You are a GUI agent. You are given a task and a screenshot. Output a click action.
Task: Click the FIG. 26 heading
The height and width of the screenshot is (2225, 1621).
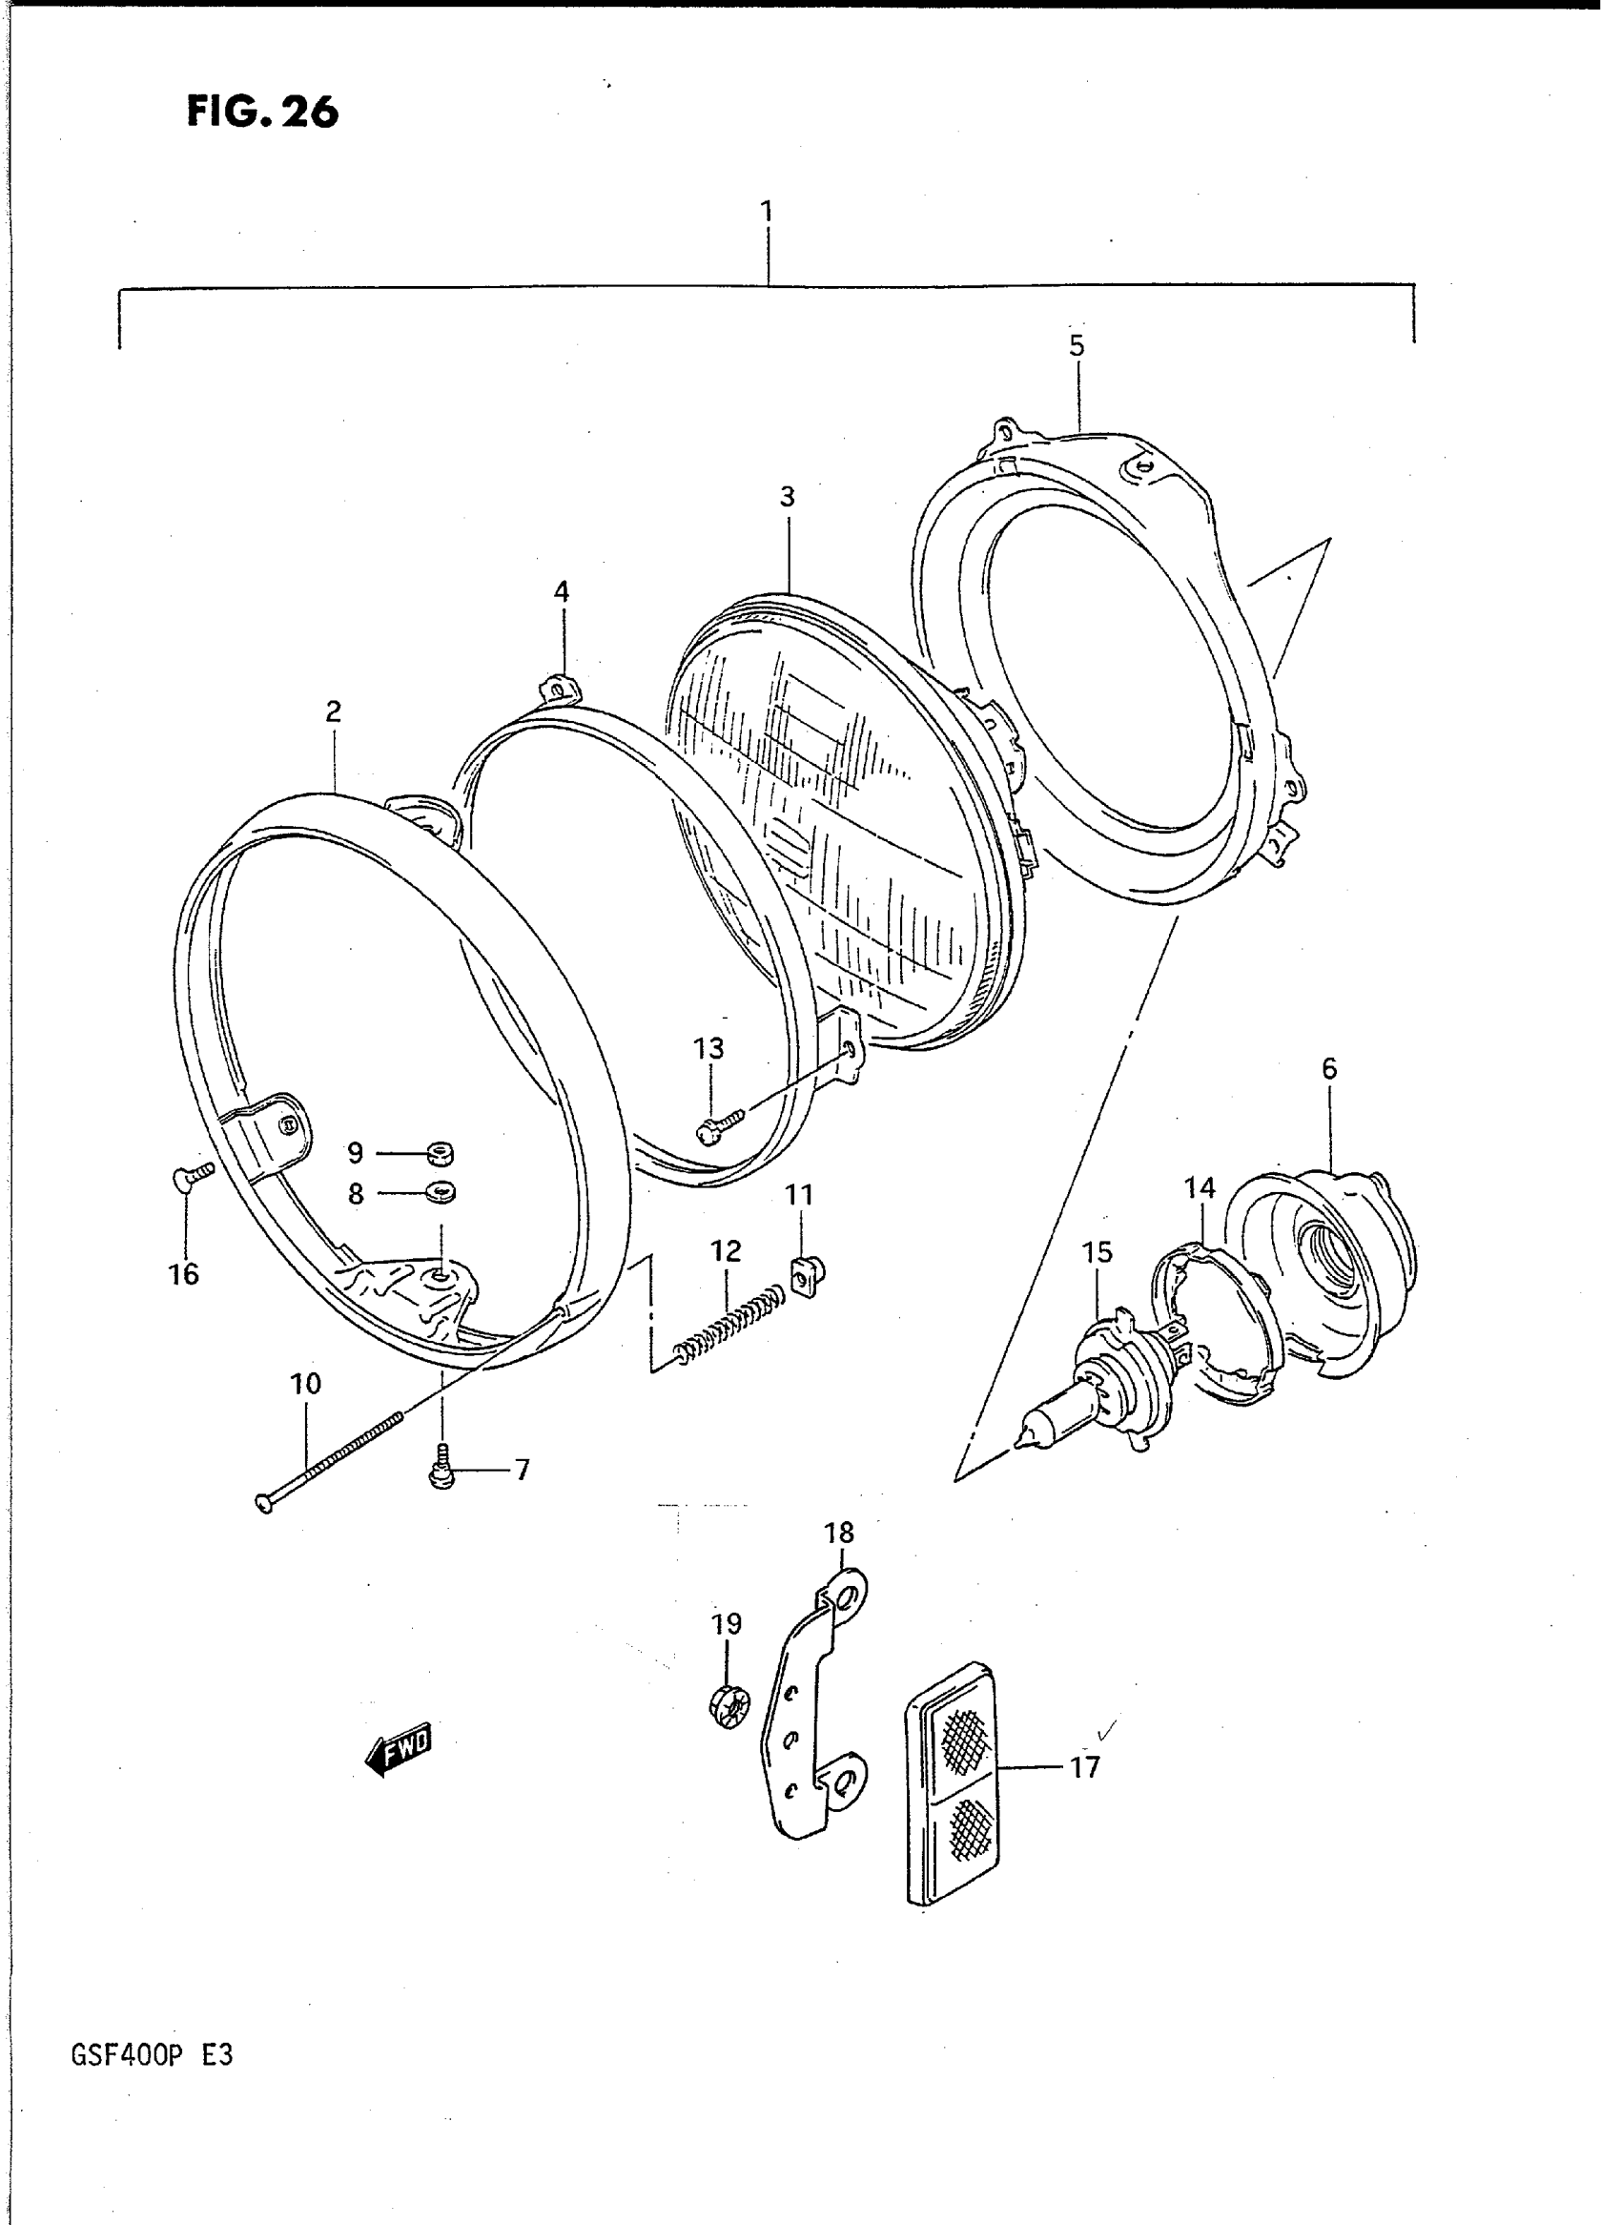(262, 112)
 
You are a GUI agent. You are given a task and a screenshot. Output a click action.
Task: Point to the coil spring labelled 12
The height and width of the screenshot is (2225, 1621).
(730, 1329)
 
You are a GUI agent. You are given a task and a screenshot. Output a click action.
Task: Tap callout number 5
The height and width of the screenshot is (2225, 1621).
(1077, 345)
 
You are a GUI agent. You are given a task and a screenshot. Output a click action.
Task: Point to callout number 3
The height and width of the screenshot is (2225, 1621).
(787, 498)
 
